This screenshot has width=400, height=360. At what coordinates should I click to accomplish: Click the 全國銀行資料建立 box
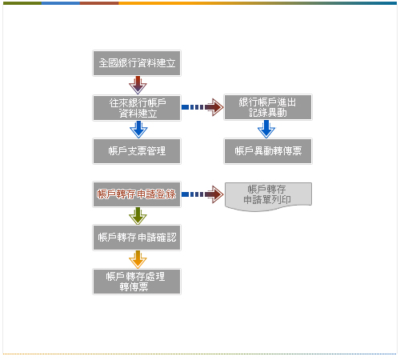click(137, 63)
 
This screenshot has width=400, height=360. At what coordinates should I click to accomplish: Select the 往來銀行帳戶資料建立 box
click(137, 108)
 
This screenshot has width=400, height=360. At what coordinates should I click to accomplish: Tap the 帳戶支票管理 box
click(137, 151)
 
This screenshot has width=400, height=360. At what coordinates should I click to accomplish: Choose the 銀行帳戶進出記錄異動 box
click(268, 107)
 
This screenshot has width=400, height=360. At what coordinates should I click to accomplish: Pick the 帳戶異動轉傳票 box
click(268, 151)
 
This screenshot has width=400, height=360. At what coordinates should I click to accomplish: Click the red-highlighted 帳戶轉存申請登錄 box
click(137, 194)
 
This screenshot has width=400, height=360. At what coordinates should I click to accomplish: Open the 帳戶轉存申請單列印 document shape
click(268, 197)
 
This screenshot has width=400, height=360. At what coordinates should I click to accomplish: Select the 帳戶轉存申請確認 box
click(137, 238)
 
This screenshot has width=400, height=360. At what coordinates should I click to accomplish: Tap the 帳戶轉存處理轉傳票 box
click(137, 282)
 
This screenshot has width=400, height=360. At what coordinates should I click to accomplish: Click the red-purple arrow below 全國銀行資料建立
click(138, 85)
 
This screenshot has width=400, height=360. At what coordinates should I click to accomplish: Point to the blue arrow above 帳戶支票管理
click(138, 130)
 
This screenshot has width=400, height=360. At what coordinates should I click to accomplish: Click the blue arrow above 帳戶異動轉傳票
click(266, 129)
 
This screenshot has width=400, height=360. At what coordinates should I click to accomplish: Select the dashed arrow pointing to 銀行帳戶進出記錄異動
click(202, 107)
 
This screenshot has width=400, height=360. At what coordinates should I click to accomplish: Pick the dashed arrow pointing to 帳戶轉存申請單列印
click(202, 194)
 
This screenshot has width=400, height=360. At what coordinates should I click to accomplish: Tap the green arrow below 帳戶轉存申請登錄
click(138, 216)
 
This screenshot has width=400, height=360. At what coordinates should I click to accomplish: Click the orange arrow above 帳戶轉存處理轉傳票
click(138, 259)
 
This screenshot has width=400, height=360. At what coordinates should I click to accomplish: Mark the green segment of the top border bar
click(22, 3)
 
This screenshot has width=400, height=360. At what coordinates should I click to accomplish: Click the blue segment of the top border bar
click(61, 3)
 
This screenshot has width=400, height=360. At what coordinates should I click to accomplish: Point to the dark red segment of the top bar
click(99, 3)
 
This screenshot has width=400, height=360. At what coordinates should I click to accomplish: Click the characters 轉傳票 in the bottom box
click(134, 287)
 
